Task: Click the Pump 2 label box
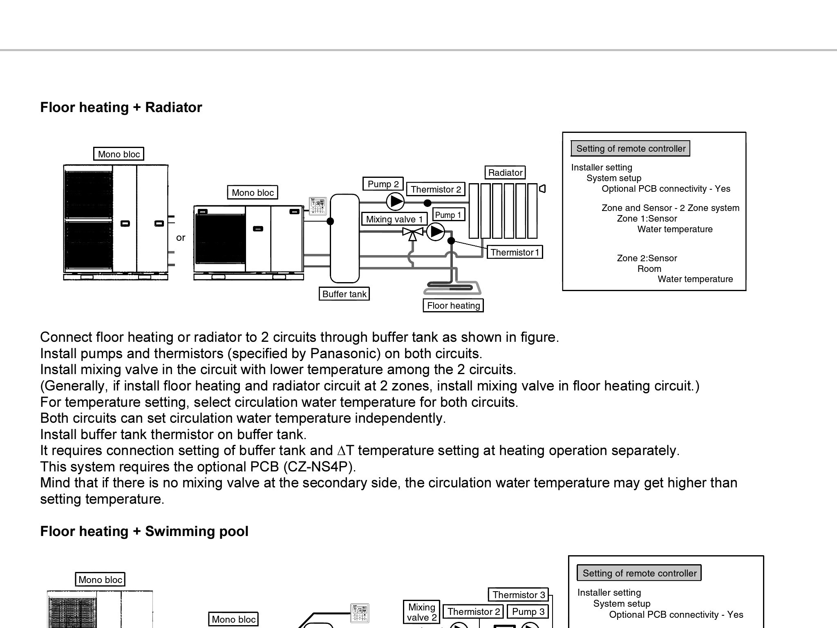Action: (383, 184)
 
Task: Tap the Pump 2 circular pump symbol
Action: (395, 201)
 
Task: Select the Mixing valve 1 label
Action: (394, 219)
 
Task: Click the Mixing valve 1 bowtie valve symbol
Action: (412, 232)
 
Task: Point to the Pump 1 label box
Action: (448, 215)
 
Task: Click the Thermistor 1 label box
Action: (514, 252)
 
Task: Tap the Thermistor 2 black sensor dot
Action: (427, 203)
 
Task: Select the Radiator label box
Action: (505, 173)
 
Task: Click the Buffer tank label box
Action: (344, 294)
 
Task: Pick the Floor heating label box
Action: (453, 305)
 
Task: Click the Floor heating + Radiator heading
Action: (121, 108)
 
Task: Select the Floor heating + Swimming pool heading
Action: (144, 532)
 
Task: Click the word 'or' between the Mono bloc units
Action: (181, 238)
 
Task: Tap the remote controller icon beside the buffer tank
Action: (318, 206)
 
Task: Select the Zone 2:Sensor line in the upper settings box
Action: (647, 258)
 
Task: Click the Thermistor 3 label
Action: (518, 595)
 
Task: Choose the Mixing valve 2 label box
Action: (421, 612)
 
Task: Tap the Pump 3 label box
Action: (528, 612)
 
